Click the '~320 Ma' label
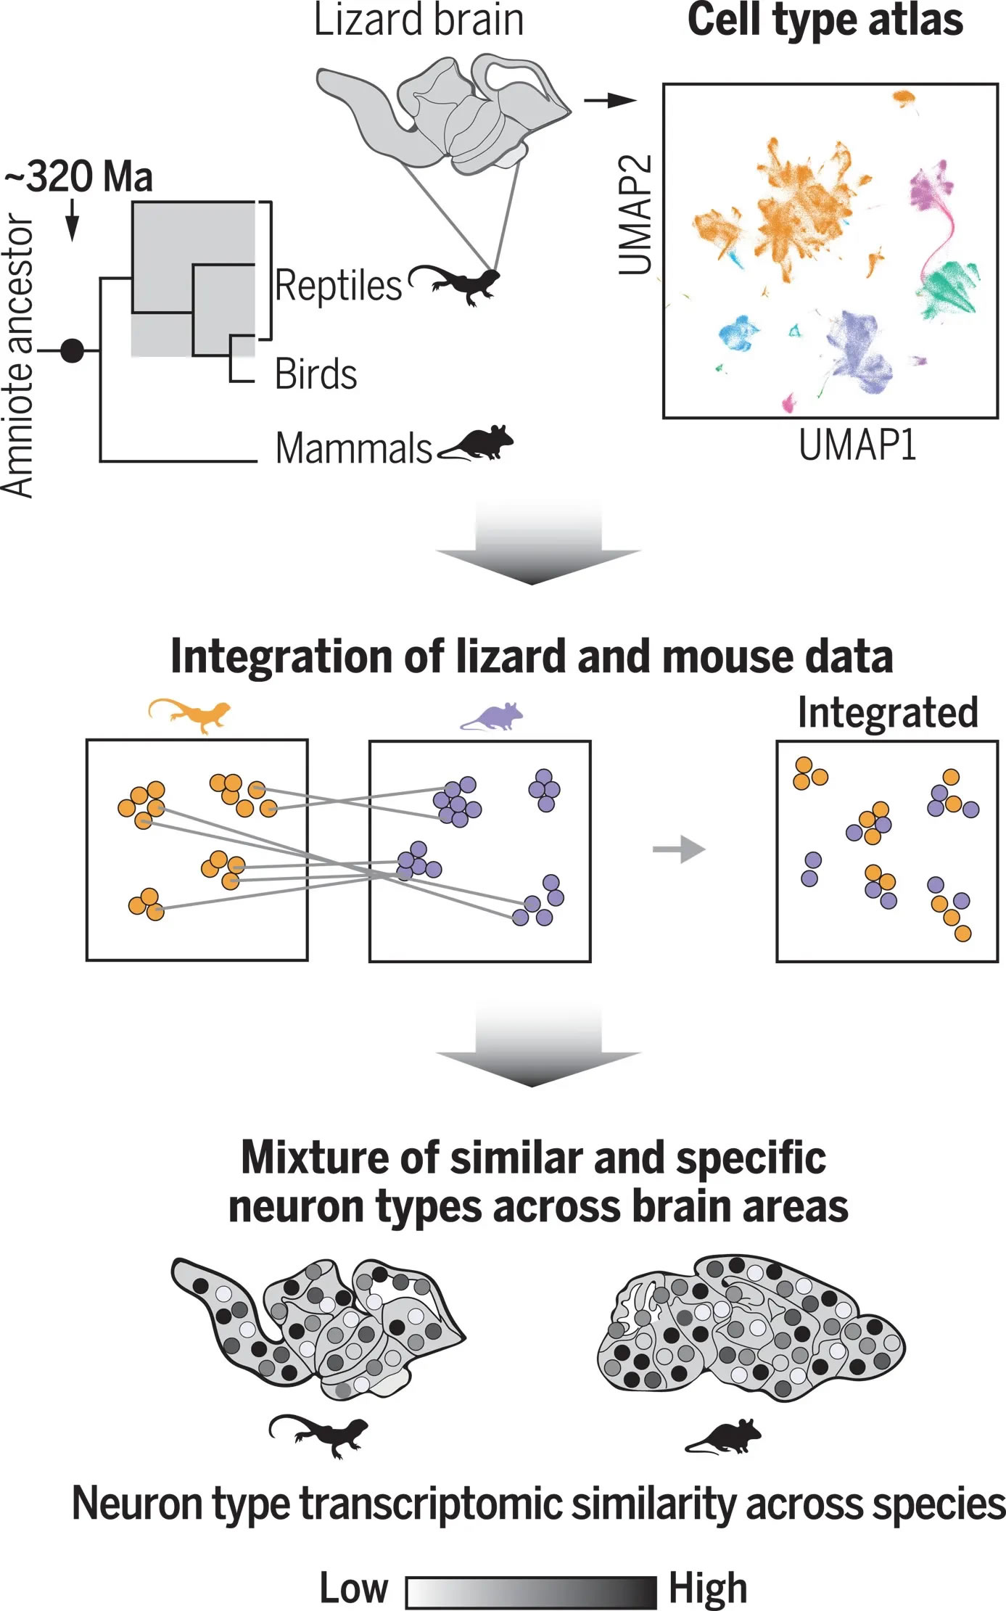[80, 176]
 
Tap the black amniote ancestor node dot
[72, 351]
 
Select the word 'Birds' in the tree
[316, 374]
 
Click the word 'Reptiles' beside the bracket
[338, 285]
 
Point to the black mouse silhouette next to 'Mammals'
[477, 443]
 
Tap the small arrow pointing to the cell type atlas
[610, 101]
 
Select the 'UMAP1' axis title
[857, 445]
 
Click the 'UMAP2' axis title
[635, 215]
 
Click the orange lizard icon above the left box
[190, 714]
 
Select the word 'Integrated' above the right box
[888, 712]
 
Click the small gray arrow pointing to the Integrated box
[679, 849]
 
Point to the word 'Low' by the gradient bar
[354, 1588]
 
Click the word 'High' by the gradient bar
[707, 1589]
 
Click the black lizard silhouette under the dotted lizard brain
[319, 1435]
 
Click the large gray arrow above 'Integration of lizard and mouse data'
[537, 544]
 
